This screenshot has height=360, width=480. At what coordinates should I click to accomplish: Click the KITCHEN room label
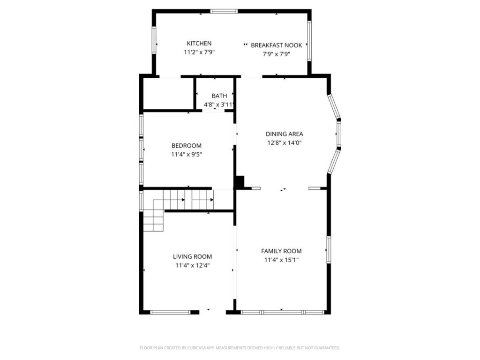coord(199,44)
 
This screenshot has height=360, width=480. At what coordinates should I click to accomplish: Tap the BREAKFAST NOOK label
coord(277,45)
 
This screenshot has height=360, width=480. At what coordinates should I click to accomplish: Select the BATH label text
coord(219,96)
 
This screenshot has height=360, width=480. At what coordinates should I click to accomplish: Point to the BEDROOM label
coord(187,146)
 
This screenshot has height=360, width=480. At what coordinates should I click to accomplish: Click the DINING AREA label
coord(285,134)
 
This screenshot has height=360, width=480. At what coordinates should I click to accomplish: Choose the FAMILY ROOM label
coord(281,251)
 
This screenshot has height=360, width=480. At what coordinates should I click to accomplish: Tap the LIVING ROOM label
coord(192,256)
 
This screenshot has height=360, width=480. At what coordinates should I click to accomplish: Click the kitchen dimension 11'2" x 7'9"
coord(199,52)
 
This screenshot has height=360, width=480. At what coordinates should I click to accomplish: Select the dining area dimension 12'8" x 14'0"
coord(285,142)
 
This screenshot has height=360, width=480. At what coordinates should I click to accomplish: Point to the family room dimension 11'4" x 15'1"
coord(281,260)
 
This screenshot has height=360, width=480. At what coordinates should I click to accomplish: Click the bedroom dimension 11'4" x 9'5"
coord(187,154)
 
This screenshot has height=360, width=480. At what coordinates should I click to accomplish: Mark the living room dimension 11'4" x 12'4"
coord(192,265)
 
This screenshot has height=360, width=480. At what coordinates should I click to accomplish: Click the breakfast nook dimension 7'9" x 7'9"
coord(277,54)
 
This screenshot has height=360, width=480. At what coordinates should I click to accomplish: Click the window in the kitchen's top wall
coord(224,11)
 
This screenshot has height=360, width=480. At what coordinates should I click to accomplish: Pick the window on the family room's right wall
coord(329,249)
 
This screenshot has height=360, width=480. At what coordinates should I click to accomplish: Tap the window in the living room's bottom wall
coord(170,312)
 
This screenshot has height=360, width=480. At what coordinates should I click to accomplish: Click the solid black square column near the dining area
coord(240,182)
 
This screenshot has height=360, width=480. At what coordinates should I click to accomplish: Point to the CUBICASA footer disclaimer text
coord(240,348)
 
